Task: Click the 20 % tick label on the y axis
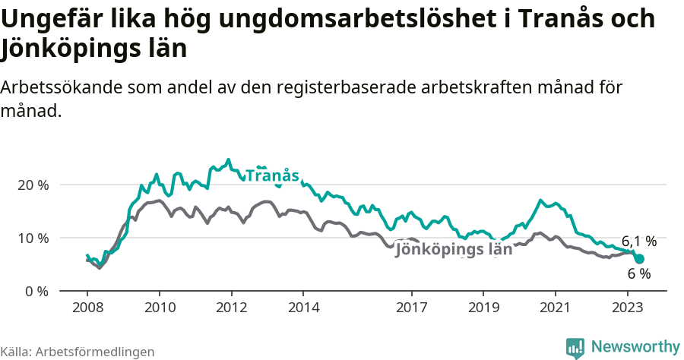pos(33,185)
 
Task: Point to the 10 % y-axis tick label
pos(33,238)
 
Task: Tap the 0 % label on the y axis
pos(36,291)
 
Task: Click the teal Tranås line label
pos(272,175)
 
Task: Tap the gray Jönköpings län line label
pos(454,250)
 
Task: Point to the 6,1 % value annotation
pos(638,241)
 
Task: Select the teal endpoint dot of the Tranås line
pos(639,258)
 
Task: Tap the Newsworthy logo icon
pos(575,348)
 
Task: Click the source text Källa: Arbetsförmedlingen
pos(78,352)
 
